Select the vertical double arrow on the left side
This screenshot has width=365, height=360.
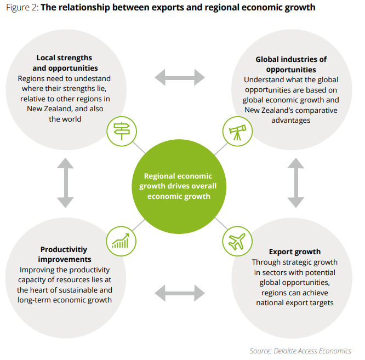(65, 183)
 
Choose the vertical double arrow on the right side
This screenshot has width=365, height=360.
(296, 183)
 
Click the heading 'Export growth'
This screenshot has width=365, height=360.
(296, 252)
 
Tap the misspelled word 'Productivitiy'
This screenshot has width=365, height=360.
(65, 249)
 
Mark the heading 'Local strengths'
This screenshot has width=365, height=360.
(64, 58)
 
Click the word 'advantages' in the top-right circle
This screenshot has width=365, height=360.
(290, 121)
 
